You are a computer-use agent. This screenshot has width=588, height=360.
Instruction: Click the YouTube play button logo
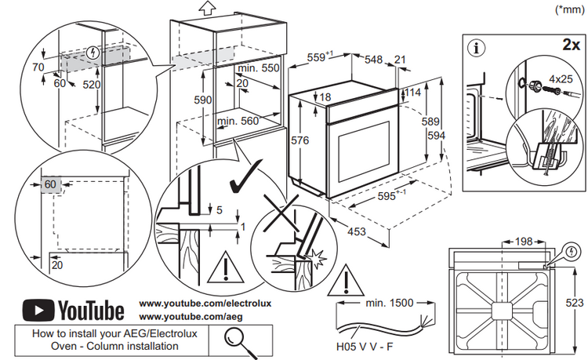point(37,311)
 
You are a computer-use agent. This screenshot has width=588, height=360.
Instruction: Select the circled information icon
point(475,46)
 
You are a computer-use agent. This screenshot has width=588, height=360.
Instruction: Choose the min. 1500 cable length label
point(388,302)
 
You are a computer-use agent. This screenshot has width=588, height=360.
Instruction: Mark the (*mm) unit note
point(568,9)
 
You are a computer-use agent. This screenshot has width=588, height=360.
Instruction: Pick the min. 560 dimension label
point(238,121)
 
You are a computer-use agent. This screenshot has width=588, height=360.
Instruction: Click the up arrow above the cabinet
point(207,8)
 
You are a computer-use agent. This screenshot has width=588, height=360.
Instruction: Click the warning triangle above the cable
point(343,284)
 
